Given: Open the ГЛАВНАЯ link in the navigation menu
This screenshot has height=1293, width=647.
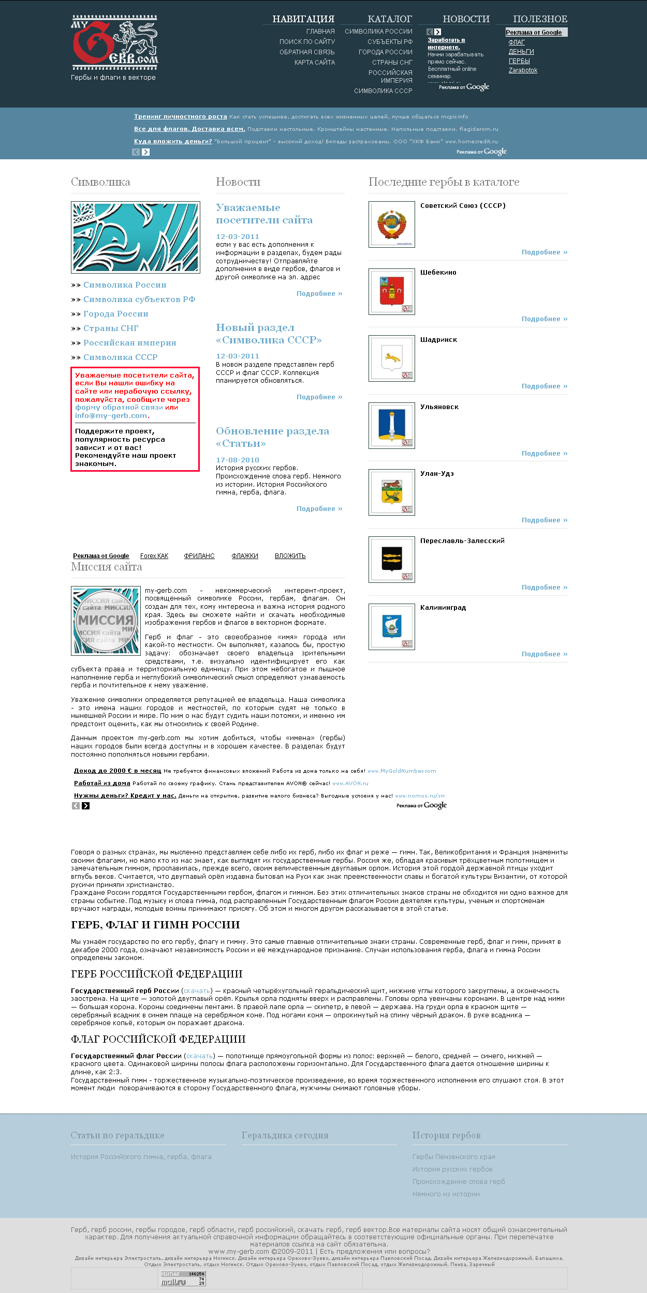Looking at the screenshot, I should [320, 32].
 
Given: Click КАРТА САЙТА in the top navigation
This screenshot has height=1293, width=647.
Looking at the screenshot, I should [314, 63].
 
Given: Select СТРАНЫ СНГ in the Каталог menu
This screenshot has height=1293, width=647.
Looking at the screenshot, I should [392, 63].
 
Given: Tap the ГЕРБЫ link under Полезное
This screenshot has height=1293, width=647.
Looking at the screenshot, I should [519, 61].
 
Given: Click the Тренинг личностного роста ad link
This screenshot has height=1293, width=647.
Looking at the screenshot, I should [180, 117].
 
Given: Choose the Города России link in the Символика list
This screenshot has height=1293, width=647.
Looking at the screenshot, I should [115, 314].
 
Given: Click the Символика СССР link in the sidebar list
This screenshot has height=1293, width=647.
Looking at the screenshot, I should [120, 357].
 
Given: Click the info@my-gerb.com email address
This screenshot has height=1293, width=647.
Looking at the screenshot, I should [111, 416].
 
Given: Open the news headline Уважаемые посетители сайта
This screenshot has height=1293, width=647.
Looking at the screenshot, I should [264, 214].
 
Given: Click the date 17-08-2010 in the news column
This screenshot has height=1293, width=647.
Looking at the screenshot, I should [237, 460].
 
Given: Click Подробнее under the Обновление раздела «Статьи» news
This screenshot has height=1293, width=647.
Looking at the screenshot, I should [319, 509].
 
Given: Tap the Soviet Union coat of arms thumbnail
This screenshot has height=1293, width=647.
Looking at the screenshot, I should [392, 224].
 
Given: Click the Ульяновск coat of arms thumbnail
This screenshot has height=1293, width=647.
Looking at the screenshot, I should [392, 426].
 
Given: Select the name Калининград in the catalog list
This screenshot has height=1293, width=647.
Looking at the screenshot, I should [443, 608].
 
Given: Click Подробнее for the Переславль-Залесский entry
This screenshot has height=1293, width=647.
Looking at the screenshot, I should [544, 588].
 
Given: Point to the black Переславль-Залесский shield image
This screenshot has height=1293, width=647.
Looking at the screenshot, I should [392, 560].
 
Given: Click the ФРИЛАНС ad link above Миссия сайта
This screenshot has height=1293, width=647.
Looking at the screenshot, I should [199, 556].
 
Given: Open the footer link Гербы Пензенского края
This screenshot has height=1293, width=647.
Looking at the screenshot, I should [453, 1157].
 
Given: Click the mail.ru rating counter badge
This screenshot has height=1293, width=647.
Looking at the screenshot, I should [183, 1278].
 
